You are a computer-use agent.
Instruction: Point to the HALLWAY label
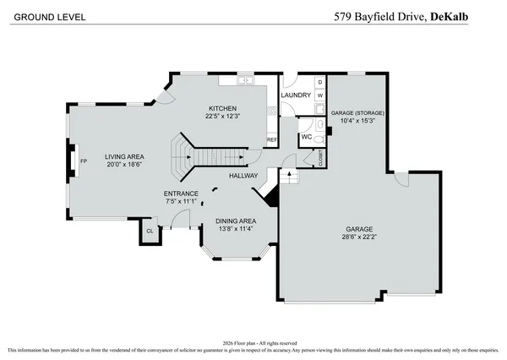[x=243, y=175]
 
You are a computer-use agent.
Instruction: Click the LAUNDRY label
[x=296, y=95]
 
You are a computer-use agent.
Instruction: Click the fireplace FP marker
[x=83, y=161]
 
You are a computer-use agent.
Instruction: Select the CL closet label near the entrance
[x=150, y=230]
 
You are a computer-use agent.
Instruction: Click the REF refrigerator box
[x=272, y=140]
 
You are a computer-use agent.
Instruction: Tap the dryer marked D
[x=319, y=83]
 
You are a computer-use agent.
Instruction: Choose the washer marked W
[x=319, y=95]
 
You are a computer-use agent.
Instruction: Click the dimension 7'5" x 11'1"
[x=181, y=201]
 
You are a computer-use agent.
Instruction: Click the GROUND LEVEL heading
[x=41, y=15]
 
